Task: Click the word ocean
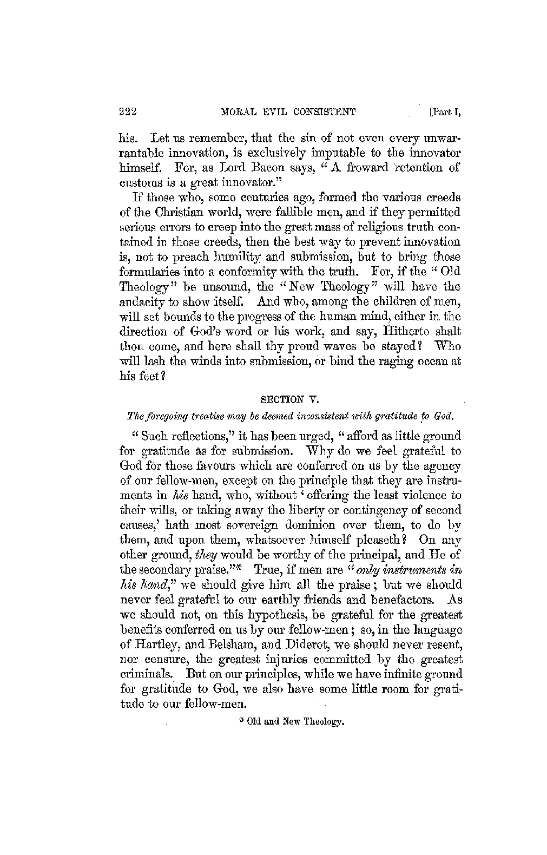click(432, 361)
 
